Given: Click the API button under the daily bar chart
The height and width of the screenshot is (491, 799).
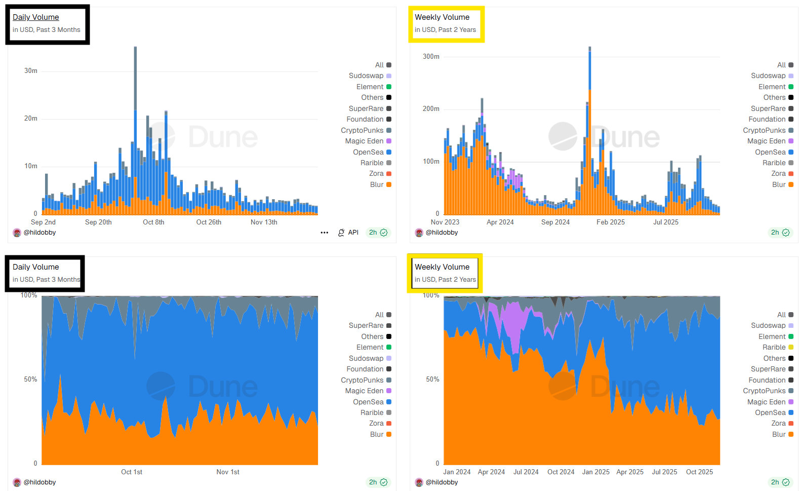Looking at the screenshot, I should click(x=348, y=233).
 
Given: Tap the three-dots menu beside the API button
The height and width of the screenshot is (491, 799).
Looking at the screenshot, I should click(x=325, y=233).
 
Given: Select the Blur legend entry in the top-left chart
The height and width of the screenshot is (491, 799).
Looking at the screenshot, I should click(x=377, y=184).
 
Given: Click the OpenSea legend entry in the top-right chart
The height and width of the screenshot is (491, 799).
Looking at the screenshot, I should click(x=770, y=152).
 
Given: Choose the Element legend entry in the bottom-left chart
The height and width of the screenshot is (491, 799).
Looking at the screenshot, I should click(x=370, y=347).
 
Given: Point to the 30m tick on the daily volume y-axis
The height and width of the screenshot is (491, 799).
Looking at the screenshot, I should click(x=31, y=71).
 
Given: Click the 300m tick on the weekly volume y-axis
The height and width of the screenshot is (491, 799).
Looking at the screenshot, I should click(x=431, y=56).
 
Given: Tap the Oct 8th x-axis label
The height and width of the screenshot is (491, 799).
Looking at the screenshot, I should click(x=153, y=222).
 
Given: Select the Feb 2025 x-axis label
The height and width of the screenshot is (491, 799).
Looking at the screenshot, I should click(x=610, y=222).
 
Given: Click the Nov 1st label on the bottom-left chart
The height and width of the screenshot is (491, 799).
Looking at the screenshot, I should click(x=228, y=472).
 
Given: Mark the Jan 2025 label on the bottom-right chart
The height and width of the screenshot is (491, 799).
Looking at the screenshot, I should click(x=595, y=472).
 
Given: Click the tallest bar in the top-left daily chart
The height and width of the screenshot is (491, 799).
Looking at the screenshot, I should click(x=135, y=127).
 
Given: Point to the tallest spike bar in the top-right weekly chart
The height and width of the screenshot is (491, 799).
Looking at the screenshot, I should click(x=590, y=127).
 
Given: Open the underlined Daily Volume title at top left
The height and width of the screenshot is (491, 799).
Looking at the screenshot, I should click(x=35, y=17).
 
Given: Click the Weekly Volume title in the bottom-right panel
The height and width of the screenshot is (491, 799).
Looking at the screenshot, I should click(x=442, y=267).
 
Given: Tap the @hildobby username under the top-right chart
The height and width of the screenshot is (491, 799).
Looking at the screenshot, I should click(x=442, y=233).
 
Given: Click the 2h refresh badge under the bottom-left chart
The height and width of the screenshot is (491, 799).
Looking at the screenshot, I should click(x=378, y=482).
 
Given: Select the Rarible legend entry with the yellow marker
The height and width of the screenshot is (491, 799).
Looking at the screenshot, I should click(x=774, y=347).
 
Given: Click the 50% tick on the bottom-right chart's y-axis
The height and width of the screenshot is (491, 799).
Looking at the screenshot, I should click(x=432, y=379).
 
